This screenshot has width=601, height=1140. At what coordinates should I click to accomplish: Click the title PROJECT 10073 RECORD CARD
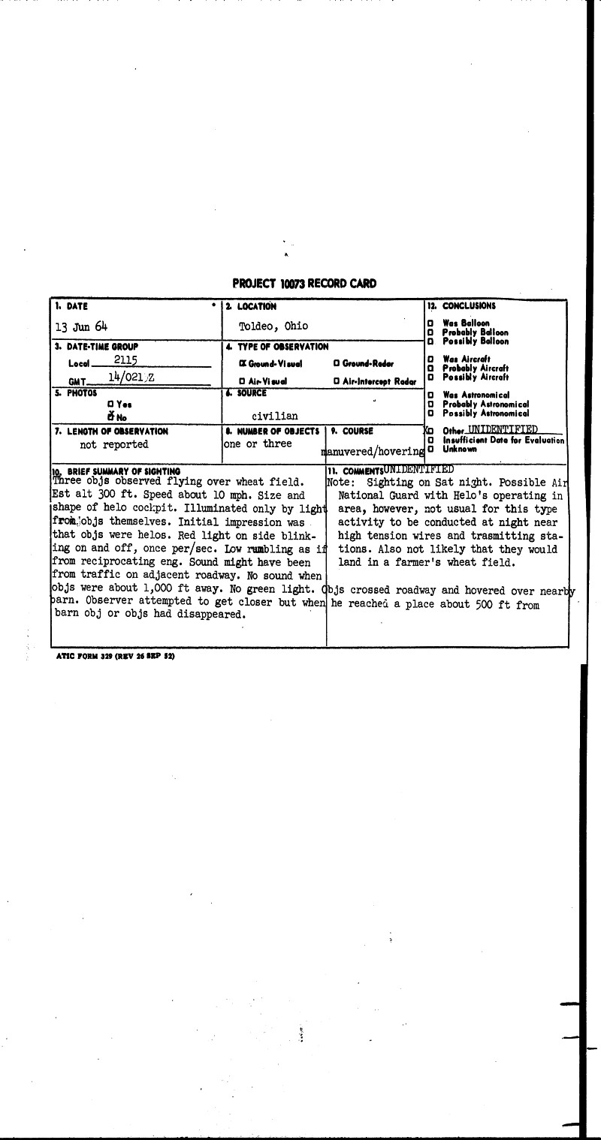pyautogui.click(x=304, y=284)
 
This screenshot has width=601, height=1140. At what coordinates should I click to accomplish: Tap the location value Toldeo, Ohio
pyautogui.click(x=273, y=326)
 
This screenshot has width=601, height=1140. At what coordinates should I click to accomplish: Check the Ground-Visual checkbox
pyautogui.click(x=242, y=363)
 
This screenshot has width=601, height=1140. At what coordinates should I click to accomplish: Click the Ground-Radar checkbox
pyautogui.click(x=336, y=363)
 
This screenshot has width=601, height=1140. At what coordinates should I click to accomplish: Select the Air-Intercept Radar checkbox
pyautogui.click(x=336, y=381)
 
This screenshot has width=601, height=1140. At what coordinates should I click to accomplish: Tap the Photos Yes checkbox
pyautogui.click(x=110, y=405)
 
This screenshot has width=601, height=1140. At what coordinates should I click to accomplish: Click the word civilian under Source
pyautogui.click(x=275, y=416)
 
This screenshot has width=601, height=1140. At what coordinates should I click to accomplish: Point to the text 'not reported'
pyautogui.click(x=114, y=444)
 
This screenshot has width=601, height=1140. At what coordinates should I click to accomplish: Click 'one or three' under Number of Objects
pyautogui.click(x=257, y=444)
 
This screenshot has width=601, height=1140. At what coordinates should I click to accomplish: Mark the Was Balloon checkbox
pyautogui.click(x=430, y=323)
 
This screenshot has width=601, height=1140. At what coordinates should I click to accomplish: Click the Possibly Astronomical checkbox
pyautogui.click(x=430, y=414)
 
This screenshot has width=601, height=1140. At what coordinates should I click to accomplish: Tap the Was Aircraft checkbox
pyautogui.click(x=430, y=359)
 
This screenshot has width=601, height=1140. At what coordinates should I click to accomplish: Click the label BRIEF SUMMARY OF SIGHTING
pyautogui.click(x=120, y=471)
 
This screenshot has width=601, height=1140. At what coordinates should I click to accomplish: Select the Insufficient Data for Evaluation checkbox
pyautogui.click(x=430, y=441)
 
